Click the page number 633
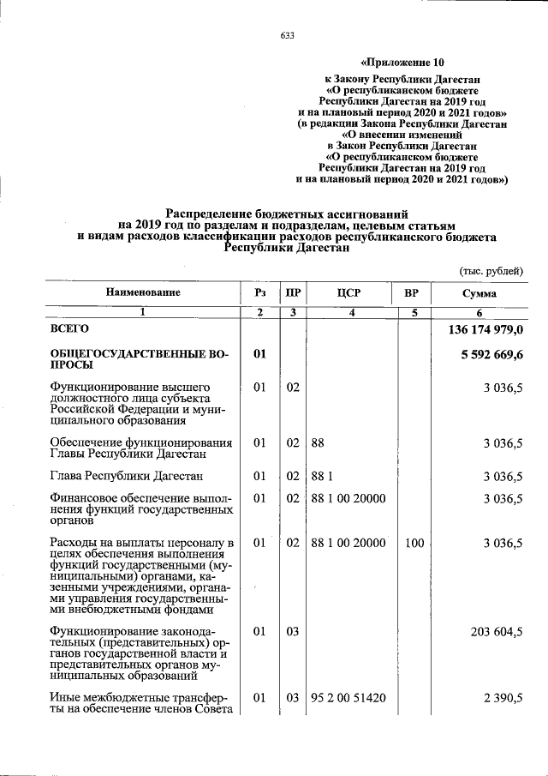click(287, 35)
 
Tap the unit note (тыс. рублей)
click(491, 271)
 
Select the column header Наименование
click(143, 293)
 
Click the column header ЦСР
click(348, 293)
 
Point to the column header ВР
click(412, 293)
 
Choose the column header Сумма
click(479, 294)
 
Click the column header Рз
click(260, 293)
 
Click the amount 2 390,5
click(503, 699)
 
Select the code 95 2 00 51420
click(348, 699)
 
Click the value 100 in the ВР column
click(414, 543)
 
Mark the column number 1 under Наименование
click(143, 313)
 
